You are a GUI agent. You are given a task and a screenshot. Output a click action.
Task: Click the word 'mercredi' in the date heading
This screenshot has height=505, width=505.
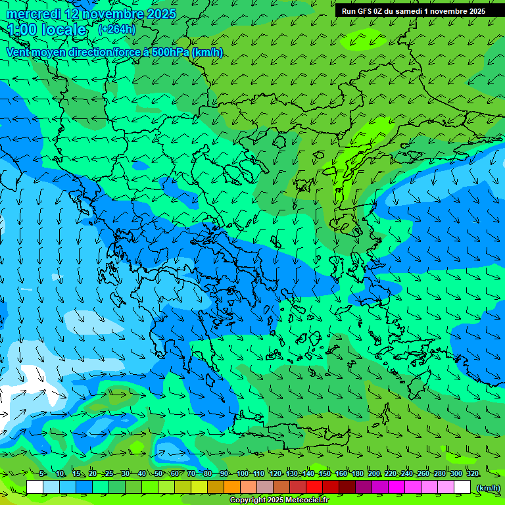[x=34, y=14]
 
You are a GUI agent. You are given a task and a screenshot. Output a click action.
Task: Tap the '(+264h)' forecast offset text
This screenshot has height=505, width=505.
[x=116, y=30]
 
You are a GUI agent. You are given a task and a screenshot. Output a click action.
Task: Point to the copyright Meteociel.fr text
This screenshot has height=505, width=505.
[x=278, y=500]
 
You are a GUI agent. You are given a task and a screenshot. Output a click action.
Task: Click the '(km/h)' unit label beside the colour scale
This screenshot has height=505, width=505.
[x=487, y=488]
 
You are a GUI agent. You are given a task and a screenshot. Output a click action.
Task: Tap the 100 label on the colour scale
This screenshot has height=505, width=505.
[x=243, y=474]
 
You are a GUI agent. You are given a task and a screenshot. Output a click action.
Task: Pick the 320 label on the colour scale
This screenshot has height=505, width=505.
[x=472, y=474]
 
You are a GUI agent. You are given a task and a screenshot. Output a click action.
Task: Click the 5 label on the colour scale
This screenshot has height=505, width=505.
[x=42, y=474]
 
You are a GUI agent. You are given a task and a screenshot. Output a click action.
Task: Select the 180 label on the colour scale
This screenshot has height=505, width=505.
[x=358, y=474]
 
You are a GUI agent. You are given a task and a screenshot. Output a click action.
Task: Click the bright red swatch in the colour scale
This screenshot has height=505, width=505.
[x=314, y=488]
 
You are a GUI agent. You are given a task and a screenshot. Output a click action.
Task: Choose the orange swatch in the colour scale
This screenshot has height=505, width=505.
[x=232, y=488]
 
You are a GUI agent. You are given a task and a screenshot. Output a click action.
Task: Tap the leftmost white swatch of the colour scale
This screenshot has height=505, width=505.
[x=35, y=488]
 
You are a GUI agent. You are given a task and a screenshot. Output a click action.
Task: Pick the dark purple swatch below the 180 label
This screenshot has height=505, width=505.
[x=364, y=488]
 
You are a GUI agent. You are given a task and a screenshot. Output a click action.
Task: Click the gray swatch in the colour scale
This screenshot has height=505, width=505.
[x=265, y=488]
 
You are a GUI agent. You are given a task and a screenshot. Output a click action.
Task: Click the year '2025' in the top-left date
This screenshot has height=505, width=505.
[x=160, y=14]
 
